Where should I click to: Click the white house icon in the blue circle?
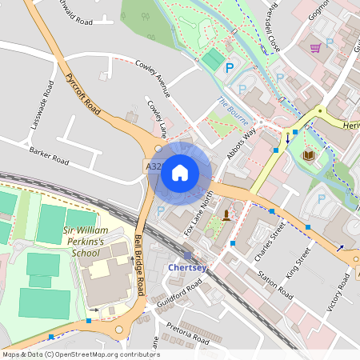[180, 173]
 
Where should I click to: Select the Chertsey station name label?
[187, 267]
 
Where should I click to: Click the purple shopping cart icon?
[315, 48]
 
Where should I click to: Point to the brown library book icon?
[309, 153]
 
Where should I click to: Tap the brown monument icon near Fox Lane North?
[227, 214]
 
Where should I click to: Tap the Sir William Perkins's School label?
[70, 241]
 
